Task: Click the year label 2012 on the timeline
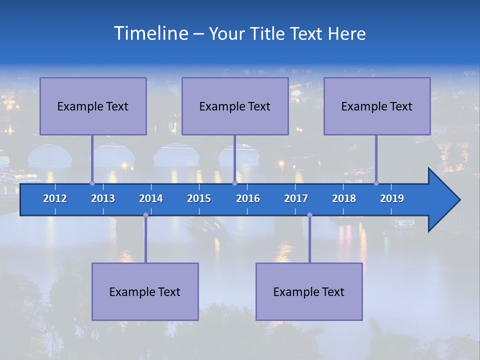pos(55,198)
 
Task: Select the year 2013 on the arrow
pos(103,198)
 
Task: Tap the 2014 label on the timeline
pos(151,198)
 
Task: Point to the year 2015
pos(199,198)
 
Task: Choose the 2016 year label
pos(248,198)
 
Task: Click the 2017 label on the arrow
pos(296,198)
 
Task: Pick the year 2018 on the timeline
pos(344,198)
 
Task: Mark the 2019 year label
pos(392,198)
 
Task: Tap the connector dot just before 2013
pos(92,183)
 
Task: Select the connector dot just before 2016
pos(234,183)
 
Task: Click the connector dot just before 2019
pos(376,183)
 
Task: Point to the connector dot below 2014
pos(145,215)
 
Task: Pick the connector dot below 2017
pos(309,215)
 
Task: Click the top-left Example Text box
pos(93,106)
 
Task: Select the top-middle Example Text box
pos(235,106)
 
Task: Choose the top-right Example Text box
pos(377,106)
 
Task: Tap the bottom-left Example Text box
pos(145,291)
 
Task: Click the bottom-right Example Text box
pos(309,291)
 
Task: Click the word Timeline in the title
pos(151,33)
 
